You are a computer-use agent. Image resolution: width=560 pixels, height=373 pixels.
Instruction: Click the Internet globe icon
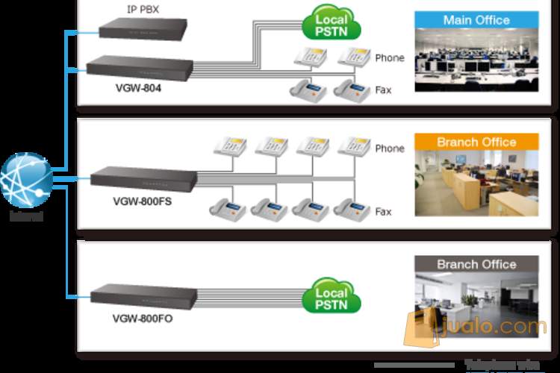27,180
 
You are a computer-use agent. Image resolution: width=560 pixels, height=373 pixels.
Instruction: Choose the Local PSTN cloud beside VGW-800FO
332,295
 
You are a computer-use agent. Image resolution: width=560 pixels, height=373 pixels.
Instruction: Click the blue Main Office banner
476,20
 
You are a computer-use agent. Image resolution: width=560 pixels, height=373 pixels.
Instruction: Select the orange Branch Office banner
476,142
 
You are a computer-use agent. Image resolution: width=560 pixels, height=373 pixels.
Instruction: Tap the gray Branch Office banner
476,264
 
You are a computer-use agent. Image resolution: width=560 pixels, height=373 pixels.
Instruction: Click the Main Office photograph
476,60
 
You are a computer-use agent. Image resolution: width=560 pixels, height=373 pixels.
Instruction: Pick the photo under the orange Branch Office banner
476,183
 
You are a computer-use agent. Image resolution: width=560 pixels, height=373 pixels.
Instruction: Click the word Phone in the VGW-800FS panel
389,148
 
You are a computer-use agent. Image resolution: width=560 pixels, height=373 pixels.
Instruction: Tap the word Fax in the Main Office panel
383,90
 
